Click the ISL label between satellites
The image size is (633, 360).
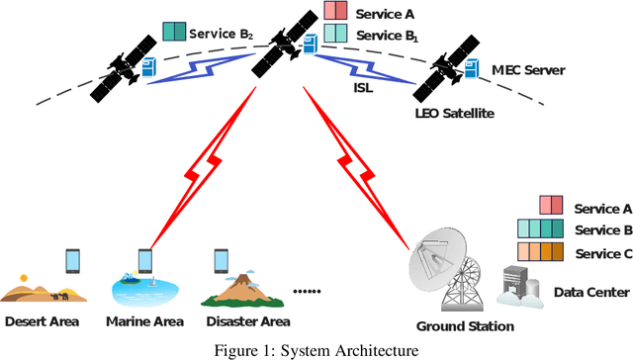click(x=364, y=86)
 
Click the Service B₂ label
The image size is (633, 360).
click(x=224, y=33)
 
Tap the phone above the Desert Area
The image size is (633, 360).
click(x=72, y=260)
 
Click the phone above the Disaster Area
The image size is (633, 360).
click(x=222, y=260)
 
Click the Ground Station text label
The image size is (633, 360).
click(x=465, y=326)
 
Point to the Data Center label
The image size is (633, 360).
click(x=589, y=293)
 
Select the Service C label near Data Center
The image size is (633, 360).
click(x=602, y=253)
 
